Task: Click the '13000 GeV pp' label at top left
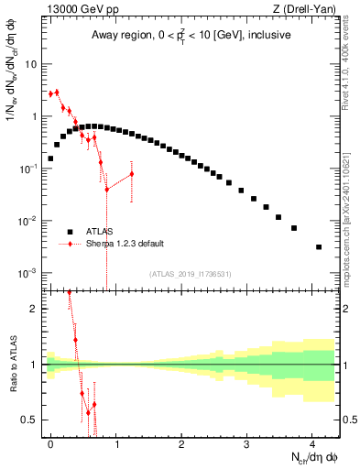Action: [74, 10]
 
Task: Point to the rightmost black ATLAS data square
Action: [319, 246]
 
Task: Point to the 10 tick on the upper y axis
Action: [31, 64]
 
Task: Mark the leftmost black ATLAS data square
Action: [50, 158]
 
